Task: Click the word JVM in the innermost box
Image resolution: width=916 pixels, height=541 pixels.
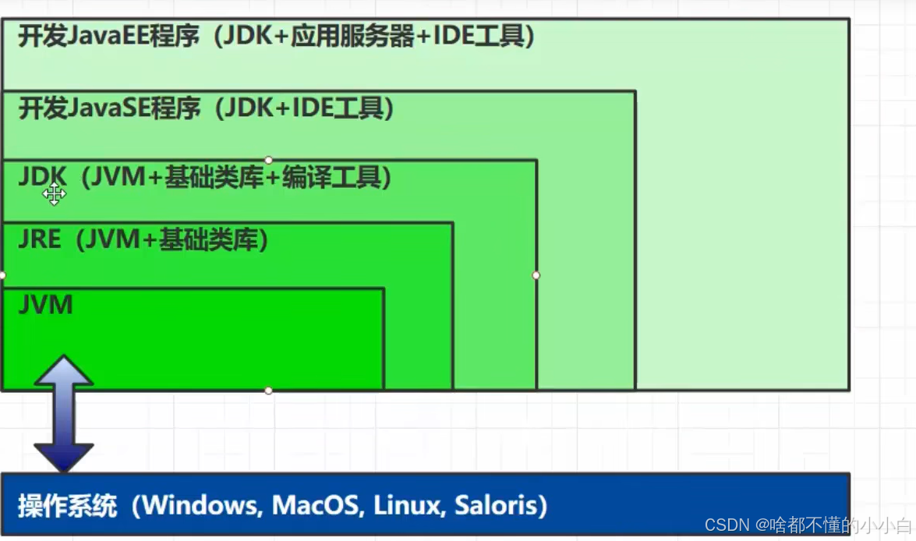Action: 45,305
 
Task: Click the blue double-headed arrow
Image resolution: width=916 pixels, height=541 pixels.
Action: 63,413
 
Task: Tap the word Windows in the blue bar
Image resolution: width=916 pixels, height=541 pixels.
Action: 200,506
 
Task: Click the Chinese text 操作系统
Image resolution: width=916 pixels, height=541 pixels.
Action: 67,507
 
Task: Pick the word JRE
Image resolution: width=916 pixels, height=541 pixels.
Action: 39,239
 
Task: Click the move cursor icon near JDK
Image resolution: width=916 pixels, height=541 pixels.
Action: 54,194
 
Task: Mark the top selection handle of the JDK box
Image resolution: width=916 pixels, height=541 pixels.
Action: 268,160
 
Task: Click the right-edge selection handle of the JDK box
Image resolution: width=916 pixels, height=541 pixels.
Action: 536,275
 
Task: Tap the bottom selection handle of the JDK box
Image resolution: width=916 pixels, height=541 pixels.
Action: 268,390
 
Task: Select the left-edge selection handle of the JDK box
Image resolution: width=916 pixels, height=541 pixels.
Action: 2,275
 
